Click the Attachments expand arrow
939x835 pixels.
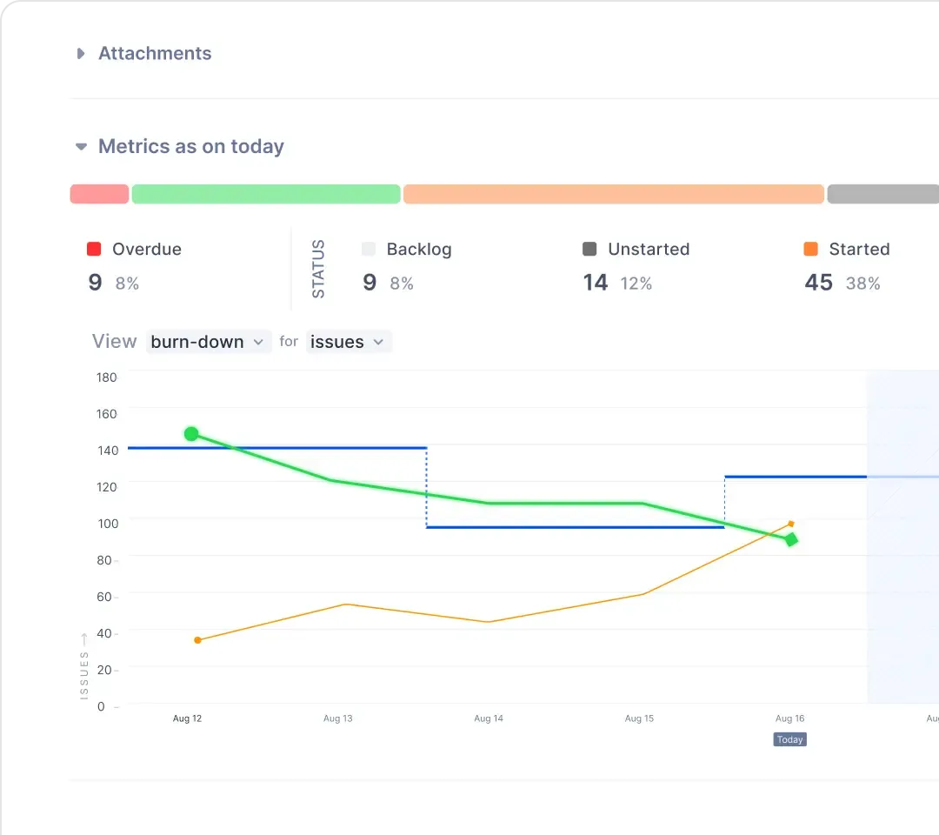[x=81, y=54]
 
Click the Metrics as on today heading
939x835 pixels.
[x=191, y=146]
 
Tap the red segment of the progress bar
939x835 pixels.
[x=99, y=194]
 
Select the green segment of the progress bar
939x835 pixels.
[x=266, y=194]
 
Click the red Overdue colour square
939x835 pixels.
[x=94, y=249]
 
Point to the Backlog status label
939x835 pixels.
[x=419, y=249]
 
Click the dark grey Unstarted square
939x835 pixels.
[x=589, y=249]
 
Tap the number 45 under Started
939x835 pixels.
[x=819, y=282]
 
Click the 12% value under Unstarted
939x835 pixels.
[x=636, y=284]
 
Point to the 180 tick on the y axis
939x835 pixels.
[x=107, y=377]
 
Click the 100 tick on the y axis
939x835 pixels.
[x=108, y=524]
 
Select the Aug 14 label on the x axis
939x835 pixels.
[x=489, y=718]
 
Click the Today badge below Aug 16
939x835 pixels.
[x=789, y=740]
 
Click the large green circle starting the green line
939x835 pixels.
[x=191, y=434]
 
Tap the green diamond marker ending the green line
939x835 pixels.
[x=791, y=539]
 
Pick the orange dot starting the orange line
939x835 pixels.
[x=197, y=640]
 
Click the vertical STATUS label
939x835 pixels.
[x=318, y=269]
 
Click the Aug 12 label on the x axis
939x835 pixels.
[x=188, y=718]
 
